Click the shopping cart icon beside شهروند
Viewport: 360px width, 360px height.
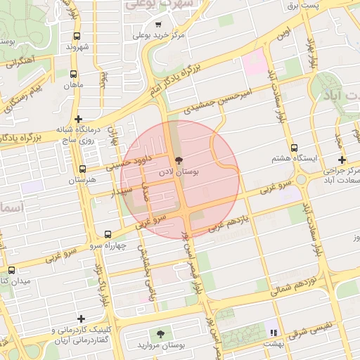click(77, 36)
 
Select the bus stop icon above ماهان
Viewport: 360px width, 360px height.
click(74, 73)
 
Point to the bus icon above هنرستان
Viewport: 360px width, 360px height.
click(83, 169)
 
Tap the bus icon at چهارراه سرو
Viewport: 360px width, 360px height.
click(108, 234)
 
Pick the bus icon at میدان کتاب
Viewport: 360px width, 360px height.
click(11, 270)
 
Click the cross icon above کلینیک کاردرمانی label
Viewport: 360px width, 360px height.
click(82, 319)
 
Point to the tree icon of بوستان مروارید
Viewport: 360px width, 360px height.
click(162, 334)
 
